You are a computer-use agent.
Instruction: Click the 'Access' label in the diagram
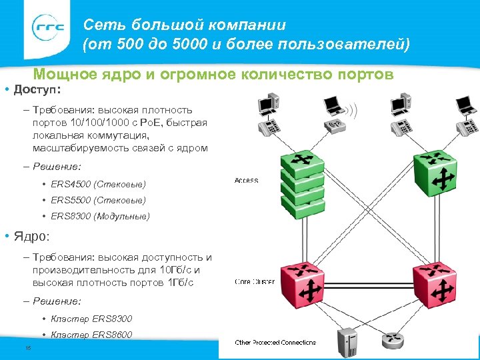pyautogui.click(x=247, y=181)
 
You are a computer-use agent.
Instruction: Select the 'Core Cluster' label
pyautogui.click(x=255, y=281)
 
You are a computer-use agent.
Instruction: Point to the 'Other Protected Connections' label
pyautogui.click(x=275, y=343)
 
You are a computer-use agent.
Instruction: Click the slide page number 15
pyautogui.click(x=27, y=348)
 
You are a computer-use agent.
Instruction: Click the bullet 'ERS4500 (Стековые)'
pyautogui.click(x=97, y=183)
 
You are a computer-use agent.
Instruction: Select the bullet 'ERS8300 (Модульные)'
pyautogui.click(x=100, y=216)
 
